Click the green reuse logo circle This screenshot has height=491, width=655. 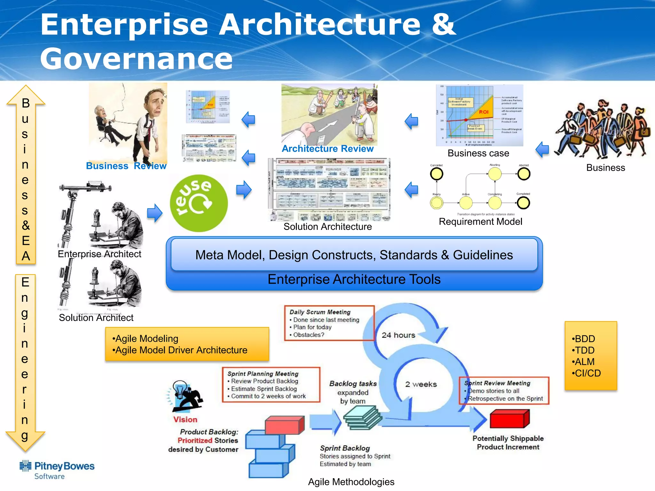[199, 203]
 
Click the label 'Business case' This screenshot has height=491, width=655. [478, 153]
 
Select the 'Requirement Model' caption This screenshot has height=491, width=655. [480, 222]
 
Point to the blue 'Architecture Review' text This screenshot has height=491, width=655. [327, 149]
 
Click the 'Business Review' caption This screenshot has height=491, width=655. [126, 166]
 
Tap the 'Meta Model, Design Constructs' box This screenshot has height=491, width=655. [354, 255]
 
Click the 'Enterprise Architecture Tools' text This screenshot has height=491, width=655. [354, 279]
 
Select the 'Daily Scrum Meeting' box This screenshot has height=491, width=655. [329, 323]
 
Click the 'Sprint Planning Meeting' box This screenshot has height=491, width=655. [271, 385]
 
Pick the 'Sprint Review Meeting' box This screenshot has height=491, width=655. [504, 391]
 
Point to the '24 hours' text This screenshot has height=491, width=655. [398, 335]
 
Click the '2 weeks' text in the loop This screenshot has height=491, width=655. [421, 384]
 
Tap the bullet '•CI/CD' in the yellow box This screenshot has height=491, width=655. [586, 373]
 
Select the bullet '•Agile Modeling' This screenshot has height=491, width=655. [145, 339]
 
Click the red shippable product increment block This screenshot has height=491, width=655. [509, 419]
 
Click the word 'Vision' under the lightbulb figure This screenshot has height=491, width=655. [185, 419]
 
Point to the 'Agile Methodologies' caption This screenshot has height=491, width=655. [351, 482]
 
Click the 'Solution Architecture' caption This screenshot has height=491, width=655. [327, 227]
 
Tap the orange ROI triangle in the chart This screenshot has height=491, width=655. [481, 109]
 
